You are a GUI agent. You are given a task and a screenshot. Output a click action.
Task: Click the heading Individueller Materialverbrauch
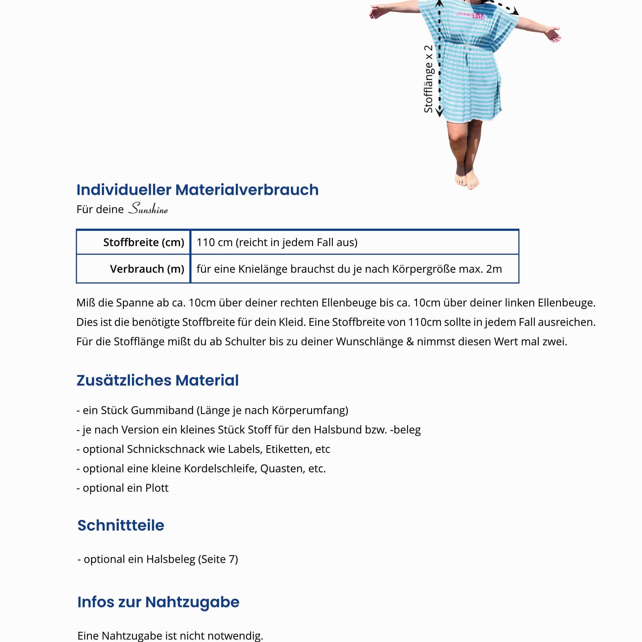197,190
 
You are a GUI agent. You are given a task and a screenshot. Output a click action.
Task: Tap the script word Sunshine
148,209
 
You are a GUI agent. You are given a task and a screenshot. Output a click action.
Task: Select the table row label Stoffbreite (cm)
144,242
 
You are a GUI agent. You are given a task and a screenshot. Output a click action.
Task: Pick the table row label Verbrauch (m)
147,269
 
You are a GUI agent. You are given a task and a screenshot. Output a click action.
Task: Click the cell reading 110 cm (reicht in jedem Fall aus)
277,242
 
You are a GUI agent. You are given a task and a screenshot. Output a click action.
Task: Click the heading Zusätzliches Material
158,380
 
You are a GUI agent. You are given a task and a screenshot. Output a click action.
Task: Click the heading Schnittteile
121,525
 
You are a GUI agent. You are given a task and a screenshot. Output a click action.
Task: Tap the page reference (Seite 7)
218,559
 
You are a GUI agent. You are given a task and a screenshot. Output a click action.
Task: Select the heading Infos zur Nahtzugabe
158,602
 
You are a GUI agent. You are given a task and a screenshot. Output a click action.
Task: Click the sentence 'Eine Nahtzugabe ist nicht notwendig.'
170,635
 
